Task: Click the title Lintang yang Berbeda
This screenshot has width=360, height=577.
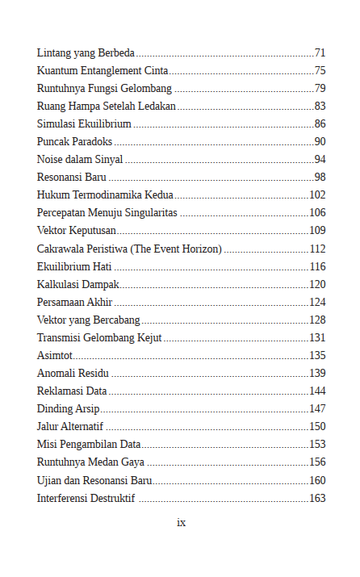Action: pos(86,52)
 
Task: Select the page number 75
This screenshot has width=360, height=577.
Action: pos(320,70)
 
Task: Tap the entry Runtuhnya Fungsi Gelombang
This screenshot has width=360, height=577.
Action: pos(104,88)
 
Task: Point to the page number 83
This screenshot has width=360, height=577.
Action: pos(320,106)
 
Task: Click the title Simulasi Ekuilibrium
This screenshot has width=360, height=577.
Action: pos(84,123)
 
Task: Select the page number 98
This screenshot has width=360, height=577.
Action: pos(320,177)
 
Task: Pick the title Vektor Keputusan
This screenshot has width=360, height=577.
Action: pos(77,231)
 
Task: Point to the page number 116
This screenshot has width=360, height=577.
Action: pos(317,266)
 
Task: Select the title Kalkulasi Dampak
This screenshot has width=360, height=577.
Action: pos(77,284)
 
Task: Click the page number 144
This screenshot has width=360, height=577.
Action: pos(317,391)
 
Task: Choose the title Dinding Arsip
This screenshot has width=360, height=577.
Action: pos(69,408)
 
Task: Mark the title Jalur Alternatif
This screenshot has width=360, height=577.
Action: pos(70,426)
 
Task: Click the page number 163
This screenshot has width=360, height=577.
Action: pos(317,498)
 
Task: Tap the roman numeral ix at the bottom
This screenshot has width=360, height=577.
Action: pos(181,522)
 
